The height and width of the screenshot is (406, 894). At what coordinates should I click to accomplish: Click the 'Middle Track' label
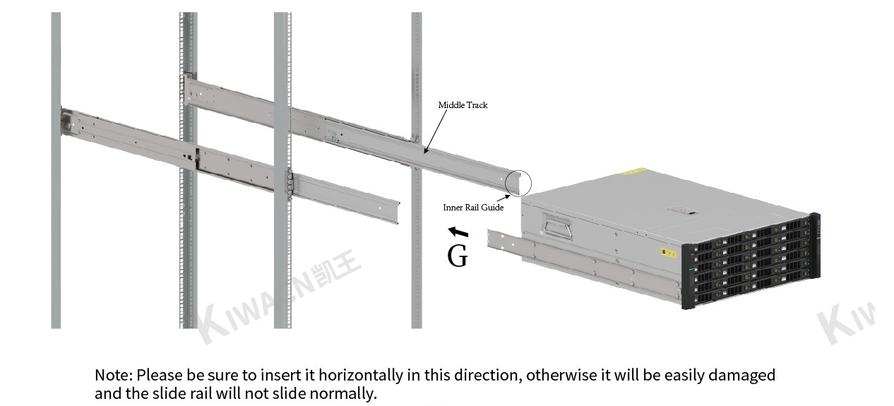point(463,105)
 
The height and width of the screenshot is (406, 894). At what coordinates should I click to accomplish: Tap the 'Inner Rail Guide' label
point(473,207)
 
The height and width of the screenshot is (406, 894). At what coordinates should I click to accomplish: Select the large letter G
point(458,256)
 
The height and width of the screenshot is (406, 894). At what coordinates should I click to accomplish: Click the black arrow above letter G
point(458,232)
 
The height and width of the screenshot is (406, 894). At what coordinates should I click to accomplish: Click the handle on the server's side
point(556,225)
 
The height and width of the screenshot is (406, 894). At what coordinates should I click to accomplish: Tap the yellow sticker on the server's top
point(634,172)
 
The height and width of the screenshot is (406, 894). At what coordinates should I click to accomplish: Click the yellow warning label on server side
point(669,253)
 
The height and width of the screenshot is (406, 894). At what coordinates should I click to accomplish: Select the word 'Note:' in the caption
point(114,375)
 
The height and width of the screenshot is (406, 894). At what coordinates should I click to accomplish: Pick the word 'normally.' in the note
point(343,393)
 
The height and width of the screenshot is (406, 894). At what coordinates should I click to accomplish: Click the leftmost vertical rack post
point(56,170)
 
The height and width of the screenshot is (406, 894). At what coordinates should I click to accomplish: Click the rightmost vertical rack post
point(416,170)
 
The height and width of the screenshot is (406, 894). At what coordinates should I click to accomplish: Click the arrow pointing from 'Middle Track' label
point(436,131)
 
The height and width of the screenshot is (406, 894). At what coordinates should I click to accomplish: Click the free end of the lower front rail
point(396,212)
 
